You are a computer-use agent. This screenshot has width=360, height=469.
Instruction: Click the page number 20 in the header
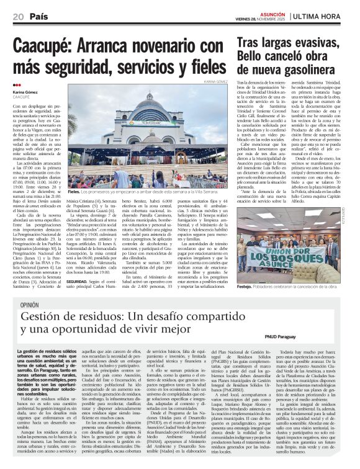(18, 16)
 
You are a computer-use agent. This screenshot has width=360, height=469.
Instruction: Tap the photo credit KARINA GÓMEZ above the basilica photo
(215, 81)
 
